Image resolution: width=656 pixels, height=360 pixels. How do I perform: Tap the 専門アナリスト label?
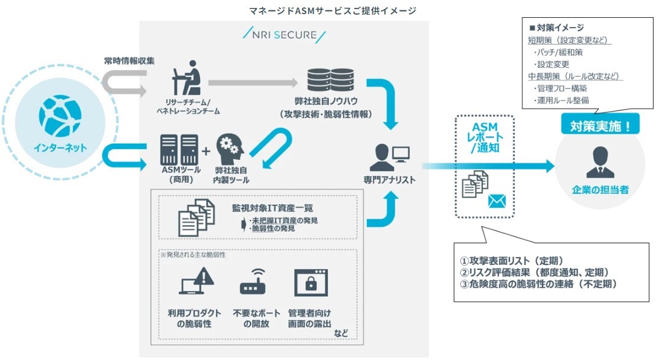389,180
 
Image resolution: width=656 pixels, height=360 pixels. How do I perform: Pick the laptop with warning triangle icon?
196,283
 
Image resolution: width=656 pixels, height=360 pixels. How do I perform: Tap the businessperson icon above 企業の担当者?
600,163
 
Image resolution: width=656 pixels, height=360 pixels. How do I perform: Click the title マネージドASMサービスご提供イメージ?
333,10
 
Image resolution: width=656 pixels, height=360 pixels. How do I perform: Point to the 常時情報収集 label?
129,61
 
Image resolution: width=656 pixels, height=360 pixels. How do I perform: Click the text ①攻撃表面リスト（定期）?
512,260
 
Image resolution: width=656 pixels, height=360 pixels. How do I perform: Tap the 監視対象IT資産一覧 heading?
263,208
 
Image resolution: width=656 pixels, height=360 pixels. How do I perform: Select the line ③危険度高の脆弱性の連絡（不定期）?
538,284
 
